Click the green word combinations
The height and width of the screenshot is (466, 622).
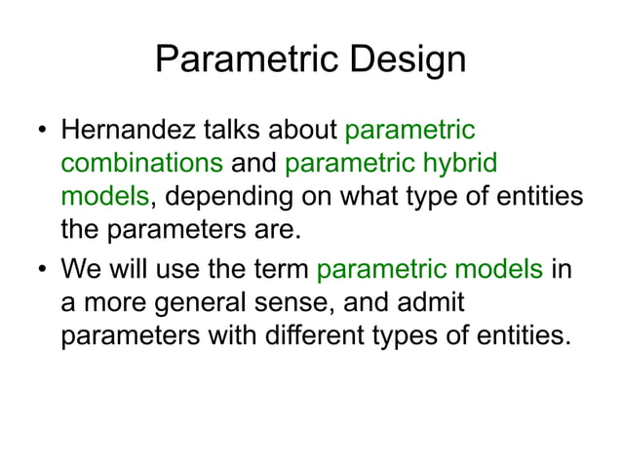tap(141, 163)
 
